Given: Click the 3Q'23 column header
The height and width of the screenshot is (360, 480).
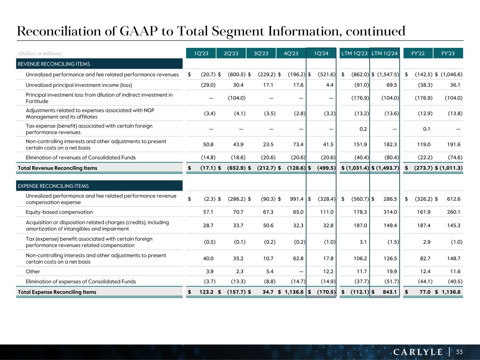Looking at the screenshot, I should click(x=261, y=53).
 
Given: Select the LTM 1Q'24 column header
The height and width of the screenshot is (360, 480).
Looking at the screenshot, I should click(x=384, y=53).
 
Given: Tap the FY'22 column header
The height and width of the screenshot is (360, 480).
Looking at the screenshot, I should click(x=418, y=53).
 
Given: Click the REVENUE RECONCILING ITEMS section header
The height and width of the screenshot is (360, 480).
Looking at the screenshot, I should click(x=54, y=64).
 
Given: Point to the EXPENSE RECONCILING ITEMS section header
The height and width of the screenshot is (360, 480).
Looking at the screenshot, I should click(x=53, y=186).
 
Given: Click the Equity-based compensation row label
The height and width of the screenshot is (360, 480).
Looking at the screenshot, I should click(x=59, y=212).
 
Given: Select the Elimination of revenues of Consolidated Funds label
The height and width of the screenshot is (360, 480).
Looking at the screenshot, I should click(x=81, y=157).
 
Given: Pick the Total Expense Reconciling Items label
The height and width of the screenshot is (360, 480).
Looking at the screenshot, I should click(x=57, y=292).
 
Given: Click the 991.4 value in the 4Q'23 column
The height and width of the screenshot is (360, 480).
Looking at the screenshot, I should click(x=297, y=199).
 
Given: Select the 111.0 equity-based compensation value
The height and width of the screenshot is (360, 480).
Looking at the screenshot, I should click(x=327, y=212).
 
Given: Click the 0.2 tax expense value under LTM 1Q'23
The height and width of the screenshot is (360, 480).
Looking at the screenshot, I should click(x=363, y=129).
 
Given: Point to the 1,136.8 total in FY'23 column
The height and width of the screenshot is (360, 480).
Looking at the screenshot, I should click(x=452, y=292).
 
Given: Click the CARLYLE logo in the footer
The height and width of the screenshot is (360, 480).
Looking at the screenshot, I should click(x=418, y=352).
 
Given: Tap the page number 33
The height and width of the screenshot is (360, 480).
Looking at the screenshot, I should click(x=459, y=352).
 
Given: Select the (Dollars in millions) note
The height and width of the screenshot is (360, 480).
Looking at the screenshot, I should click(x=40, y=53).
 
